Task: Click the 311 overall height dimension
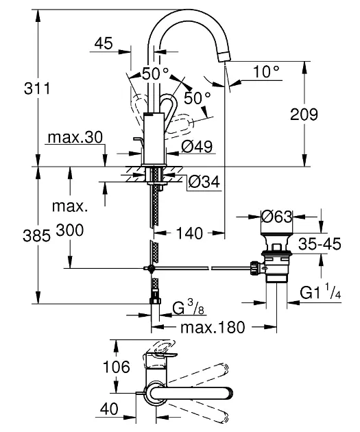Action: point(37,88)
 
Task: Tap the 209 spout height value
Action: point(304,114)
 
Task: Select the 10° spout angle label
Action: point(266,71)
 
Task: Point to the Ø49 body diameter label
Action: point(197,147)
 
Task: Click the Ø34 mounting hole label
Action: point(204,182)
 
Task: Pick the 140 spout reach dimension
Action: point(189,233)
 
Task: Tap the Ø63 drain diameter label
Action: point(276,217)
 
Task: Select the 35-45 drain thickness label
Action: point(320,243)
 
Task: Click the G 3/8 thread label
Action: point(189,309)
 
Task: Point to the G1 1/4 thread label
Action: point(320,293)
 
